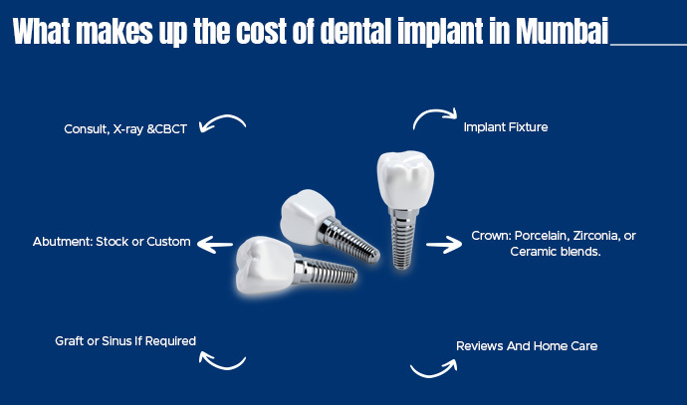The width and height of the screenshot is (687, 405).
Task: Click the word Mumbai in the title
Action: click(563, 32)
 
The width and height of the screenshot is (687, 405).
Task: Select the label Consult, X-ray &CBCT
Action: click(125, 128)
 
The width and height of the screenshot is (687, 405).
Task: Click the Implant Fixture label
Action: click(506, 127)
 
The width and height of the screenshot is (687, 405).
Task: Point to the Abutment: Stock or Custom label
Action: click(112, 242)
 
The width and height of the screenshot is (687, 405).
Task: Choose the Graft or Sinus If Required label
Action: click(125, 340)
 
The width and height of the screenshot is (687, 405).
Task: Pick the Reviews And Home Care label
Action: click(527, 345)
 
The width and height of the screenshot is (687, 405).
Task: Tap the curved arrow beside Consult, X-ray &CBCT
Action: click(222, 123)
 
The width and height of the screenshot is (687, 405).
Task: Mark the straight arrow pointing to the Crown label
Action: click(445, 243)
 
